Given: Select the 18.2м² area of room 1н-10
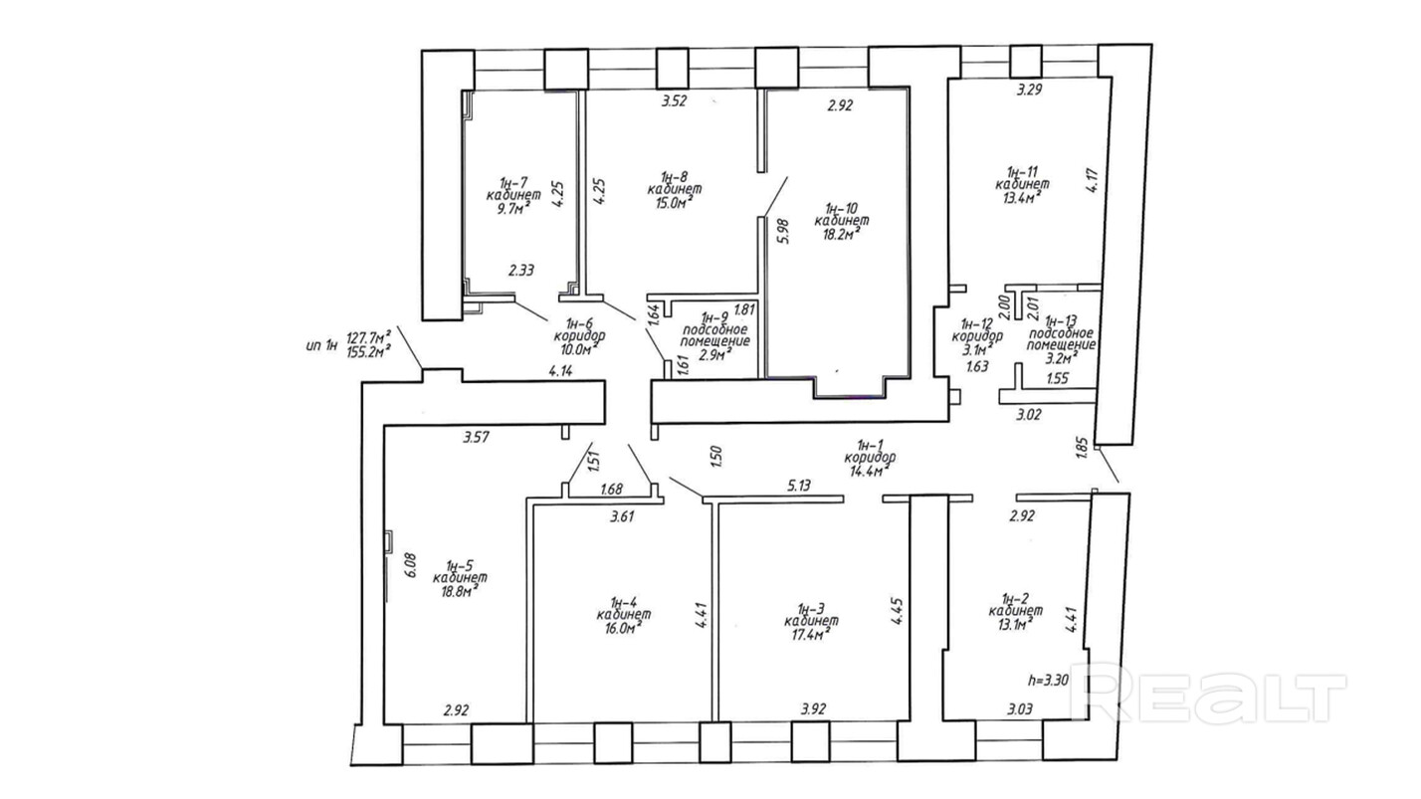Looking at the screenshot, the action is (842, 234).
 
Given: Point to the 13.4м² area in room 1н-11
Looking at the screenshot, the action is (1022, 197).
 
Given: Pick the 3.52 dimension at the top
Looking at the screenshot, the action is (675, 100).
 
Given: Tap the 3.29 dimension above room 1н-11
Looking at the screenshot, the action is (1030, 90).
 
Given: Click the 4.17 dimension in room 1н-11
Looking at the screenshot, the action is (1093, 181).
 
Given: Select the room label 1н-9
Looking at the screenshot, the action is (714, 316).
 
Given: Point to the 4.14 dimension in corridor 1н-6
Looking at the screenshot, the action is (560, 371).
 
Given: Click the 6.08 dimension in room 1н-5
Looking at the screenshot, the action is (410, 564).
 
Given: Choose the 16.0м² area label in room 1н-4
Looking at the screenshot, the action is (624, 628).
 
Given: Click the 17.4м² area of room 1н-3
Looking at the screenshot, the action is (811, 634).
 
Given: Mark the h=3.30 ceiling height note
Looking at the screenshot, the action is (1049, 681).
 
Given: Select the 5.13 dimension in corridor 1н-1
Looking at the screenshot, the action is (800, 486).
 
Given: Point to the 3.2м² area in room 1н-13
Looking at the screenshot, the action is (1062, 358).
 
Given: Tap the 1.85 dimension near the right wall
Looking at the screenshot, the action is (1083, 447).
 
